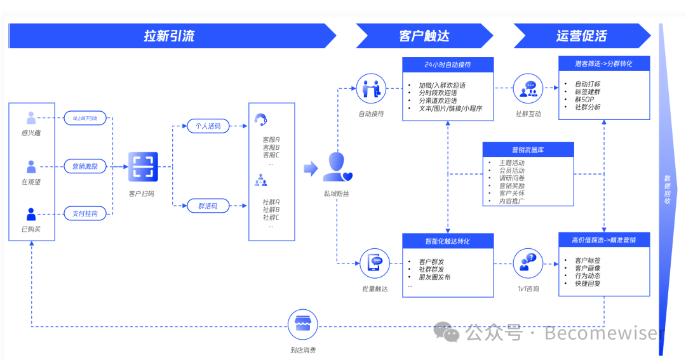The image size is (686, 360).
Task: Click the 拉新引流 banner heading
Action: click(169, 36)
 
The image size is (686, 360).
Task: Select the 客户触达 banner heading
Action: click(424, 36)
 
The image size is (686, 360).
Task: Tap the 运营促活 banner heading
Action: click(581, 36)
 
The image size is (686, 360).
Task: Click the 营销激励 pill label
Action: click(85, 166)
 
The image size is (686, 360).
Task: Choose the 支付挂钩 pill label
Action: click(85, 214)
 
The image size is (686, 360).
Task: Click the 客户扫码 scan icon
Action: click(143, 166)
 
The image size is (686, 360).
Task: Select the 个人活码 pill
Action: click(208, 126)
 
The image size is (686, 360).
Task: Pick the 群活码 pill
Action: click(208, 206)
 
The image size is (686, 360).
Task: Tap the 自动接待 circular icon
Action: click(372, 89)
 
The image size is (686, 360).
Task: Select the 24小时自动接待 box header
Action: click(448, 65)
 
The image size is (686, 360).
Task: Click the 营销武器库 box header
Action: click(528, 150)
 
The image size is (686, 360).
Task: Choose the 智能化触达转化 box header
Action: click(448, 241)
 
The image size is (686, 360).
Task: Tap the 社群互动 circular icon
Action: click(528, 89)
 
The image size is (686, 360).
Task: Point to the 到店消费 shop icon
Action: click(303, 325)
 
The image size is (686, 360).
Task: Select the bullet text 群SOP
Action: click(584, 100)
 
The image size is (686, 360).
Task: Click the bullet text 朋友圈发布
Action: click(434, 277)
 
